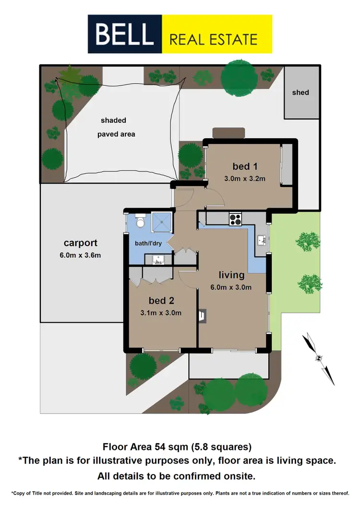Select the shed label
pyautogui.click(x=300, y=92)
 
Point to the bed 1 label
pyautogui.click(x=244, y=166)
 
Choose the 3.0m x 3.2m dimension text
pyautogui.click(x=244, y=178)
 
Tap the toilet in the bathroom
pyautogui.click(x=140, y=221)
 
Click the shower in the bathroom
pyautogui.click(x=163, y=222)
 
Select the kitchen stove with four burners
pyautogui.click(x=235, y=219)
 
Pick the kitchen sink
pyautogui.click(x=261, y=239)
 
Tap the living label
pyautogui.click(x=232, y=275)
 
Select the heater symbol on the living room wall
pyautogui.click(x=202, y=315)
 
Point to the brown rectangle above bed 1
pyautogui.click(x=229, y=132)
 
